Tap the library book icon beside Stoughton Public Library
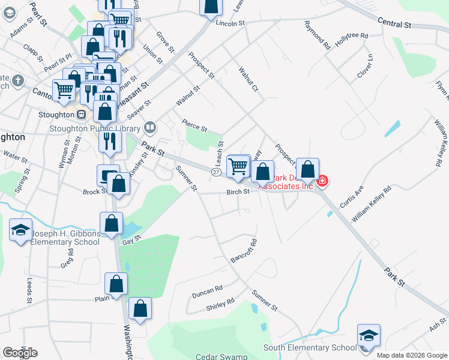150,127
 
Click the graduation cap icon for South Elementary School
369,336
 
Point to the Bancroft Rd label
244,252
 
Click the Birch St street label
238,192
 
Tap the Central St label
394,24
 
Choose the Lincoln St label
231,23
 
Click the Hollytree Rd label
352,36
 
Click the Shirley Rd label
220,305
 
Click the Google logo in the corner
20,353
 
